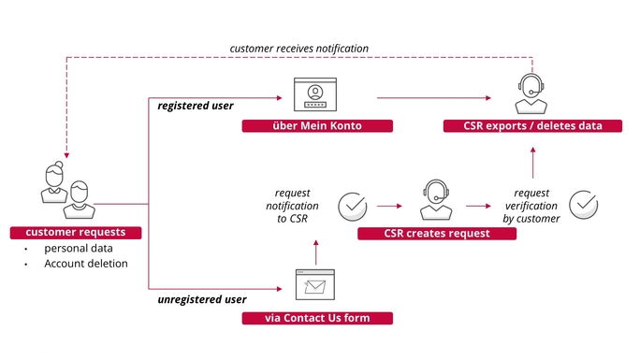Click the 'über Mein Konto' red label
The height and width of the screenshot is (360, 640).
coord(317,125)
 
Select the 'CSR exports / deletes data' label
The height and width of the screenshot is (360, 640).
coord(532,125)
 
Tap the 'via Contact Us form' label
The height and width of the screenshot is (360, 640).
coord(317,318)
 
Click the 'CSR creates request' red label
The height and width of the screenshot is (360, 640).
coord(437,233)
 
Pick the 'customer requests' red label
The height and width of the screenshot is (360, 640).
coord(76,233)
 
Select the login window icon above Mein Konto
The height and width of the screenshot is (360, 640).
coord(315,94)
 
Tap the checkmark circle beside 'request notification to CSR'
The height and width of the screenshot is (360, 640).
coord(353,207)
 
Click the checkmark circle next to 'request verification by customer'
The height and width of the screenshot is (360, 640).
coord(584,205)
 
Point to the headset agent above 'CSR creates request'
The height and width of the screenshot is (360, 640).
coord(436,200)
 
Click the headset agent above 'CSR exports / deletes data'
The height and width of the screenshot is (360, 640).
coord(531,94)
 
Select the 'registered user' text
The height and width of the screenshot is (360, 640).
coord(196,106)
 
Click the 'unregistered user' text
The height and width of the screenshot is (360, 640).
coord(202,299)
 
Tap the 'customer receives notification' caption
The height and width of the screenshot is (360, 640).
coord(299,49)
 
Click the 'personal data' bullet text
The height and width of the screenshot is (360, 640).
coord(79,249)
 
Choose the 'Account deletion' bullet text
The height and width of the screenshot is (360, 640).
coord(86,264)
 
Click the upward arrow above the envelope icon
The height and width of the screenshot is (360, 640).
coord(315,252)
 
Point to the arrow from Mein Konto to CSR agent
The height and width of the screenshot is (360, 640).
coord(434,98)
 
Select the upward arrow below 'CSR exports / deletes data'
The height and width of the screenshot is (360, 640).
coord(532,163)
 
